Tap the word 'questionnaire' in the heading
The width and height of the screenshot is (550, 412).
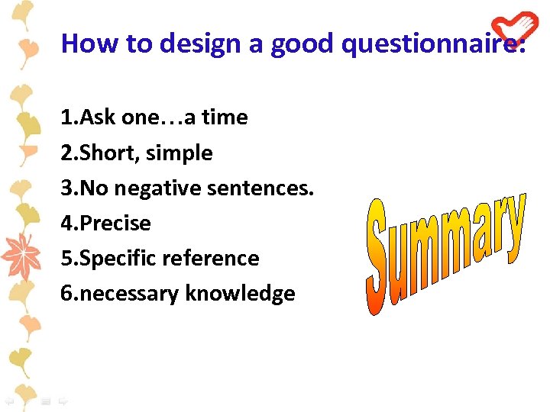(x=432, y=44)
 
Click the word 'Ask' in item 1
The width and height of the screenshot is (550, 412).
(x=98, y=117)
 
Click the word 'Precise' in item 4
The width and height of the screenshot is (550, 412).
(x=115, y=223)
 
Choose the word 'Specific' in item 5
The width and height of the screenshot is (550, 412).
(x=124, y=258)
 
